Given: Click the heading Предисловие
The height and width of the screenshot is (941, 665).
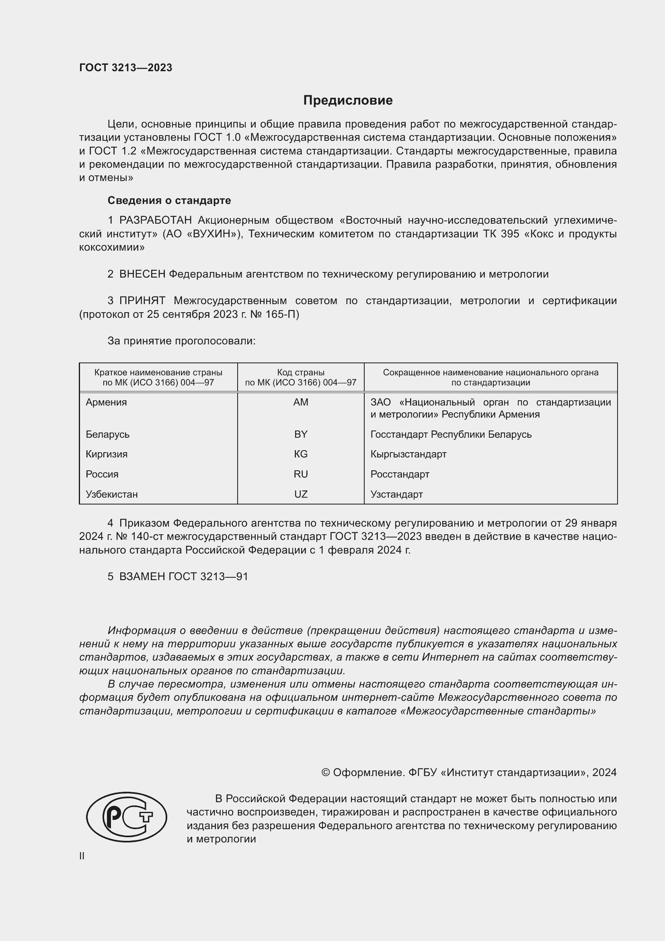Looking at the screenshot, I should pos(348,101).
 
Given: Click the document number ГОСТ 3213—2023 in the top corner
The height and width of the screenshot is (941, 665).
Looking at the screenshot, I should pos(126,68).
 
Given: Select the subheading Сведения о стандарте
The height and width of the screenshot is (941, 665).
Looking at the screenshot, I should pos(169,200).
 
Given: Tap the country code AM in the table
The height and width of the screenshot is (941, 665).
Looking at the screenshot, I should pos(301,402).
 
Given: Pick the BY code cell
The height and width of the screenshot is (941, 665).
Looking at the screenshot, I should pos(301,434).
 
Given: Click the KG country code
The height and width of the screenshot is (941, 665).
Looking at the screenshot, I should pos(301,454).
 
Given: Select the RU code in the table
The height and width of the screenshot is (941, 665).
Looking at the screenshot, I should pos(301,474).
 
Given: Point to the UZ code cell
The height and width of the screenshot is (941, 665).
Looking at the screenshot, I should pos(301,494).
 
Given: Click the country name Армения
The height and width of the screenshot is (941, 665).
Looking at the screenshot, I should pos(106,402).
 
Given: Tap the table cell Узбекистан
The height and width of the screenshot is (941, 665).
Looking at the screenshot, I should pos(111,494).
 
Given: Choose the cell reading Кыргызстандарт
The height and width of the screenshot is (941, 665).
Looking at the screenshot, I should pos(408,454).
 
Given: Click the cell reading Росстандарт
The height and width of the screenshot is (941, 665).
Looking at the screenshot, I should pos(400,474).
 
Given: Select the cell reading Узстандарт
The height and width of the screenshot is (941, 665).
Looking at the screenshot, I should pos(396,494).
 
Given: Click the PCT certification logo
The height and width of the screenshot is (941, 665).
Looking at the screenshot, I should pos(127,816).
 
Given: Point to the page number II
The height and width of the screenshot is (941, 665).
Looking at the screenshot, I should pos(82,856).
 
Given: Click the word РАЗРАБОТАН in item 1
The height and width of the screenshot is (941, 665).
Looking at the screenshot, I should pos(155,220).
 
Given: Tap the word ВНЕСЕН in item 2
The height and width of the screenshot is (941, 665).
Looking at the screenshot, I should pos(142,274).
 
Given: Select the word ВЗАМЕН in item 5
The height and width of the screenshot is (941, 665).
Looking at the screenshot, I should pos(142,577).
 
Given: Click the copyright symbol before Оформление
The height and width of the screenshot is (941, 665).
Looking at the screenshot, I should pos(326,772).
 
